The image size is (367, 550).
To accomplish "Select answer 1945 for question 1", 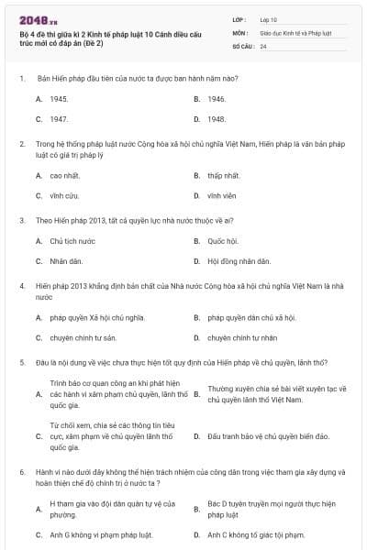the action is click(x=59, y=98).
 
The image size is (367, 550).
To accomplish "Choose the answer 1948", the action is click(x=217, y=119).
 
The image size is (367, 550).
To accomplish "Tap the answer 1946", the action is click(x=217, y=98).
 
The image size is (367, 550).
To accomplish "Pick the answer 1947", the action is click(x=59, y=119).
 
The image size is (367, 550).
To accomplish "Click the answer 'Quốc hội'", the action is click(x=222, y=241).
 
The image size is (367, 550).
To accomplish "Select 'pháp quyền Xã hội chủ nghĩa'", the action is click(x=91, y=317).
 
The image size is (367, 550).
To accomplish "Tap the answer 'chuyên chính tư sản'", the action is click(x=83, y=337).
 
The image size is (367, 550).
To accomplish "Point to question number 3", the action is click(x=21, y=220).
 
